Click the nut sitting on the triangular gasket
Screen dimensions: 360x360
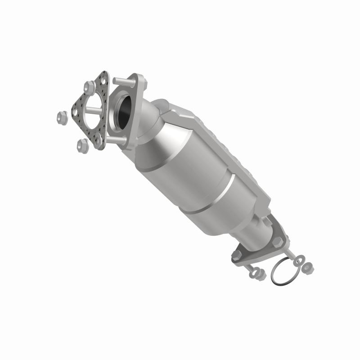(89, 84)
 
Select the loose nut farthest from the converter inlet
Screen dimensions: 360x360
(61, 117)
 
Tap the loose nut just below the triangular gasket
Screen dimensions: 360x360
(82, 144)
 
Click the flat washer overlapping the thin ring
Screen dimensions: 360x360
(299, 261)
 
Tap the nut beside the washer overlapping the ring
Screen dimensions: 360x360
(308, 267)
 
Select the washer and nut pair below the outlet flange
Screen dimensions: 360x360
(256, 272)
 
